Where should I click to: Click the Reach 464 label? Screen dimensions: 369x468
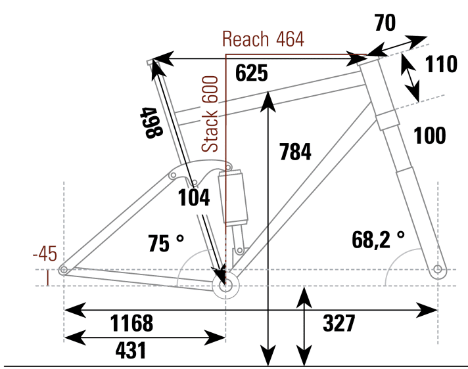tap(263, 39)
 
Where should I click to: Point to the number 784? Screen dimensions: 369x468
tap(295, 152)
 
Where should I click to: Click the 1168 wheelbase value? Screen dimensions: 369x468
tap(131, 323)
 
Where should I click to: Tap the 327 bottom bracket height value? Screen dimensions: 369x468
tap(339, 323)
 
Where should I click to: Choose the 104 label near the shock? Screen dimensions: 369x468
tap(194, 198)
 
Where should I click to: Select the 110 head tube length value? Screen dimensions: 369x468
tap(441, 64)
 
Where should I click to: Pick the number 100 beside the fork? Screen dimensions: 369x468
tap(430, 136)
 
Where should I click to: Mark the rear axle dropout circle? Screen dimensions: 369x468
tap(64, 270)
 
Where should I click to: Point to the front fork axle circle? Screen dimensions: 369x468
tap(438, 269)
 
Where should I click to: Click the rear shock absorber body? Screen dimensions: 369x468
tap(235, 197)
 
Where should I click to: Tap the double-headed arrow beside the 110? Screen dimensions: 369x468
tap(411, 76)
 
